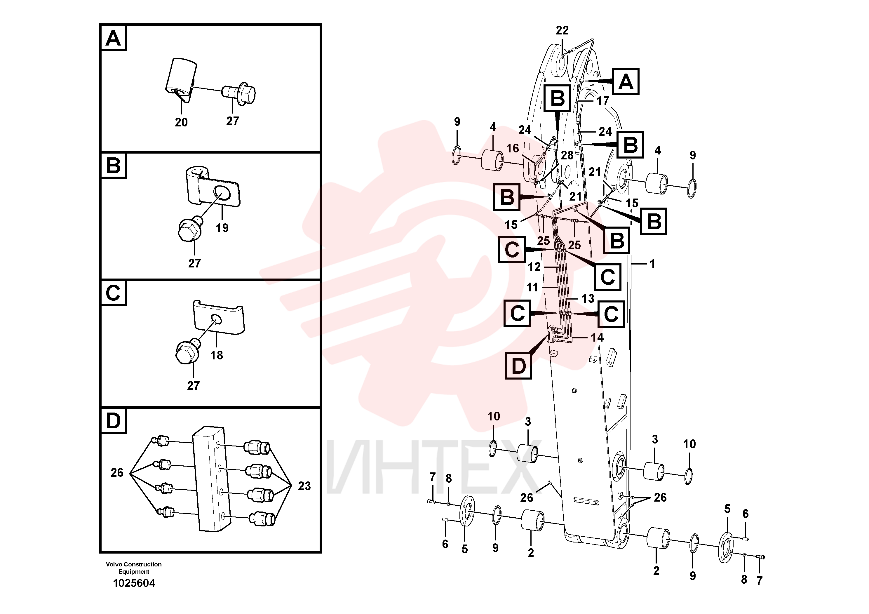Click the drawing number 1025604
coord(134,583)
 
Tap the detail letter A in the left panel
coord(113,38)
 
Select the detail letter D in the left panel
coord(113,420)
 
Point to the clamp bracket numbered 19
coord(213,188)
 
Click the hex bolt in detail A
coord(238,93)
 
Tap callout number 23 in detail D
coord(304,486)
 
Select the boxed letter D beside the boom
coord(518,366)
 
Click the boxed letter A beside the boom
coord(626,82)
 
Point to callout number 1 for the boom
coord(652,264)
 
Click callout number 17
coord(603,101)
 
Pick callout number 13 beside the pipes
coord(588,299)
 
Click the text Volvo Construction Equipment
coord(134,568)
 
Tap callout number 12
coord(534,267)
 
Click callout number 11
coord(532,287)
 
